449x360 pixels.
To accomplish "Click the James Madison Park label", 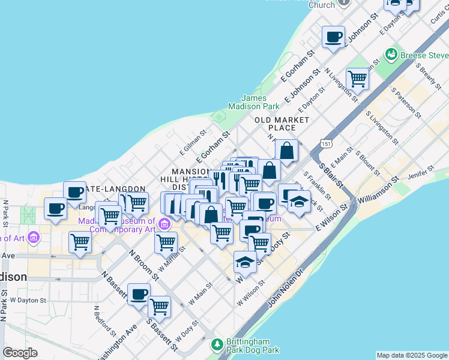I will (x=261, y=102).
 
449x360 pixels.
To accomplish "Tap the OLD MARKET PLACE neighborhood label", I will (x=282, y=124).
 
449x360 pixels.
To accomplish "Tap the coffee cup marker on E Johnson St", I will (x=333, y=37).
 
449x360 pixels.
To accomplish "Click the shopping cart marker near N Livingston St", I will (x=358, y=78).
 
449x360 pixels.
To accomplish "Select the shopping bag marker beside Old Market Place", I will (x=287, y=151).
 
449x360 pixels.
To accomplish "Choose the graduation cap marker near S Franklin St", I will (x=299, y=202).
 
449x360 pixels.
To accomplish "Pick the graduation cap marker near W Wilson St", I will (x=244, y=262).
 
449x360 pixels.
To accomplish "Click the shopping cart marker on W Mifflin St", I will (x=166, y=243).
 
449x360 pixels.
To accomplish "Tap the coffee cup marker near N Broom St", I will (x=139, y=294).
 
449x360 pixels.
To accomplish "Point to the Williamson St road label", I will (x=378, y=190).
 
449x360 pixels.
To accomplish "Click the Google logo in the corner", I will (x=20, y=353).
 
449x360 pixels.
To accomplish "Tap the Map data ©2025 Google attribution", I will (x=412, y=355).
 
